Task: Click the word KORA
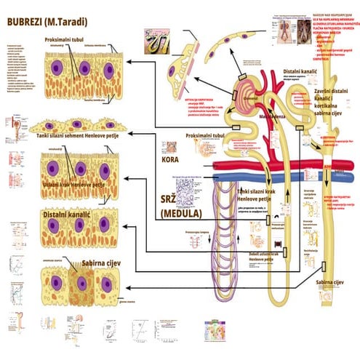[x=172, y=156]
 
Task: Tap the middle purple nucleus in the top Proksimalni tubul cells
[x=84, y=69]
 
